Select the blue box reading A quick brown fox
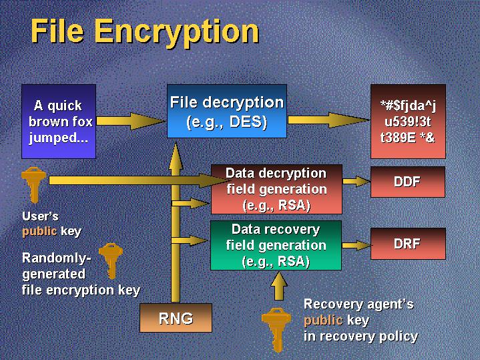pyautogui.click(x=59, y=122)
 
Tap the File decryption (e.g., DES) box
pyautogui.click(x=227, y=112)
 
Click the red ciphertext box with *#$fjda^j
pyautogui.click(x=408, y=122)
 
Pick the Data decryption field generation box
pyautogui.click(x=276, y=189)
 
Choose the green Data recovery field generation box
pyautogui.click(x=276, y=245)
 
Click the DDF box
pyautogui.click(x=408, y=181)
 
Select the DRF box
pyautogui.click(x=408, y=244)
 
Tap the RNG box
pyautogui.click(x=176, y=318)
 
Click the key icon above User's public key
pyautogui.click(x=32, y=184)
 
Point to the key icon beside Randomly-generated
pyautogui.click(x=109, y=259)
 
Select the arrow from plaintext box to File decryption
pyautogui.click(x=130, y=121)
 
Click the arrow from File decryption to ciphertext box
pyautogui.click(x=328, y=120)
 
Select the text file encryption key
pyautogui.click(x=81, y=290)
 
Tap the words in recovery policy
pyautogui.click(x=361, y=336)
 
